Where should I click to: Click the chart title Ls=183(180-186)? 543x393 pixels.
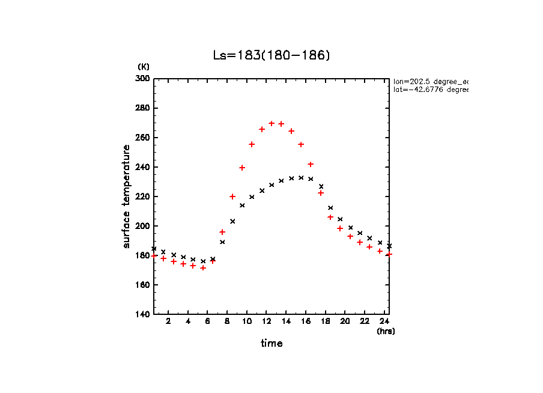pyautogui.click(x=271, y=55)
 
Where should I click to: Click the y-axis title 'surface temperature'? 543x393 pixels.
pyautogui.click(x=127, y=196)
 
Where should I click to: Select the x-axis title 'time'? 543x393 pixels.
pyautogui.click(x=271, y=343)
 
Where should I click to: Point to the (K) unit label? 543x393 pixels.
pyautogui.click(x=144, y=66)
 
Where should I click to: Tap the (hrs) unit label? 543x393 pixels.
pyautogui.click(x=386, y=331)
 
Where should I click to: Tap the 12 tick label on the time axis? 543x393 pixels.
pyautogui.click(x=266, y=321)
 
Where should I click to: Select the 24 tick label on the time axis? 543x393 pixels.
pyautogui.click(x=384, y=321)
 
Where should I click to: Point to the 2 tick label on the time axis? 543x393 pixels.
pyautogui.click(x=168, y=321)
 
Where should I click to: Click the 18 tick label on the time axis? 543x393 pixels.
pyautogui.click(x=325, y=321)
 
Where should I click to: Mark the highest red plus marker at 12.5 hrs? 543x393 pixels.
pyautogui.click(x=271, y=123)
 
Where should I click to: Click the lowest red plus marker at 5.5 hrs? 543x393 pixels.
pyautogui.click(x=203, y=267)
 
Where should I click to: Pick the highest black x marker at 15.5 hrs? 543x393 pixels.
pyautogui.click(x=301, y=177)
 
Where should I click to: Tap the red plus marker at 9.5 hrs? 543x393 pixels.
pyautogui.click(x=242, y=168)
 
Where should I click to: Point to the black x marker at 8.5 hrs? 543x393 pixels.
pyautogui.click(x=232, y=221)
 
